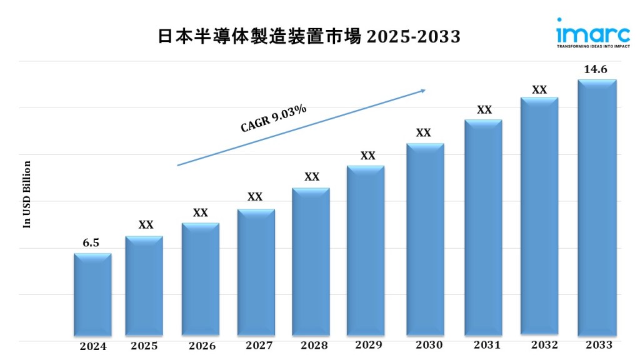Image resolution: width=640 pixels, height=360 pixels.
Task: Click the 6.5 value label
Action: point(91,243)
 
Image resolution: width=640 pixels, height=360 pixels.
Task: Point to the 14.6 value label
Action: point(596,69)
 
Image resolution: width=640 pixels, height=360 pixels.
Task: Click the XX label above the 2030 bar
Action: point(424,133)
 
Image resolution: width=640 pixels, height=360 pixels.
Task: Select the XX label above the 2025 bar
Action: point(146,225)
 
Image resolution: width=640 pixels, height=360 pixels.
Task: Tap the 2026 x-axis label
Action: point(201,346)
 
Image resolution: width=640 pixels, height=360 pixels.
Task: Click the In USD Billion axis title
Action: point(27,194)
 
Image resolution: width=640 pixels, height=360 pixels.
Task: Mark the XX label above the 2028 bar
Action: point(312,177)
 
